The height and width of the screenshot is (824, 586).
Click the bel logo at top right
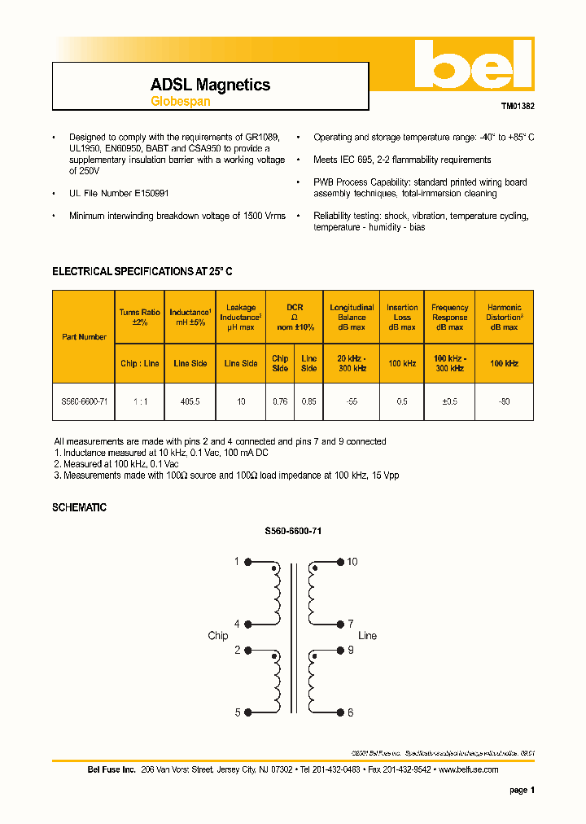[472, 65]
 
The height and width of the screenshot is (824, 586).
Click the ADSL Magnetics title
[210, 85]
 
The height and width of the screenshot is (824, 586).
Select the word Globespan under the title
[181, 102]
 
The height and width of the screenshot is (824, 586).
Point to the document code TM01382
[518, 106]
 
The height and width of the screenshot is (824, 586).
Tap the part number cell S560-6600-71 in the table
[84, 401]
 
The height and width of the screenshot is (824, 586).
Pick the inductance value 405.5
[190, 401]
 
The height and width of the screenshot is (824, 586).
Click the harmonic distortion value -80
[504, 401]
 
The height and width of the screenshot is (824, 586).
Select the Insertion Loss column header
[402, 318]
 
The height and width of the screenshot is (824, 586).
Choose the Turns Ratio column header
[139, 318]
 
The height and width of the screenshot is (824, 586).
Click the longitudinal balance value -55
[352, 401]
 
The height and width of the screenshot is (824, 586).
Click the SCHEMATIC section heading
[79, 507]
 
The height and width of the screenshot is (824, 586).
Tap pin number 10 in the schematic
[352, 562]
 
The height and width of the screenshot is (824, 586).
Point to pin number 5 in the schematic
[238, 712]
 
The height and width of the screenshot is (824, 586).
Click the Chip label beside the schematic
[218, 636]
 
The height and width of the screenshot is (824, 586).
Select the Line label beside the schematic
[367, 636]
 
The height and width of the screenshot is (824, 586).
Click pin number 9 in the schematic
[351, 651]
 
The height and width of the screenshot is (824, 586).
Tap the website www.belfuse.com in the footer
[468, 769]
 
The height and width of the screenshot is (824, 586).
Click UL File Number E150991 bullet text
[120, 193]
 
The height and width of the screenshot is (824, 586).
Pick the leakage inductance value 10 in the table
[241, 401]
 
